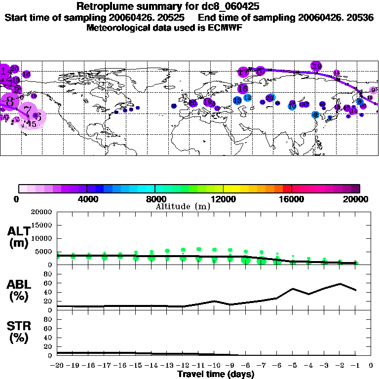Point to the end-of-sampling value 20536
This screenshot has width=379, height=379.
(361, 17)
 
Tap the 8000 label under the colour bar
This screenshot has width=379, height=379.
(155, 199)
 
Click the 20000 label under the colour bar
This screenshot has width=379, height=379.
(357, 199)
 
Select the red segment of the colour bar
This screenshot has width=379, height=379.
(287, 189)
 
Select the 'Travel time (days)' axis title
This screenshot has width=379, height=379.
(216, 374)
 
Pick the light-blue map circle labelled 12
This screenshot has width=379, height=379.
(247, 98)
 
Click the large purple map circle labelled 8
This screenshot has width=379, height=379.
(9, 102)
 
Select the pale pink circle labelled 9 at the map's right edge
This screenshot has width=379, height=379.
(373, 90)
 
